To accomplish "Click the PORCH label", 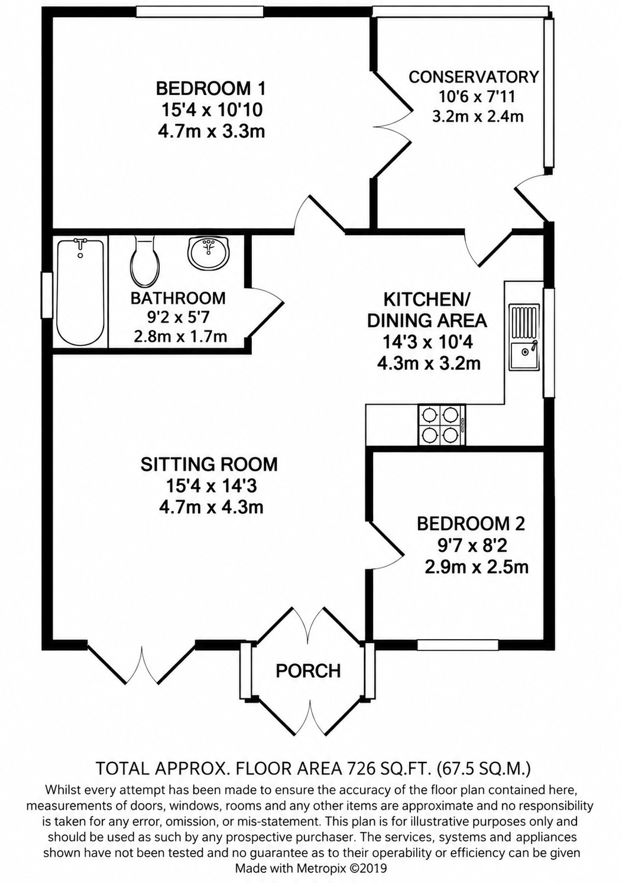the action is click(308, 670).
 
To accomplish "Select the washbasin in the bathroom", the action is click(208, 253).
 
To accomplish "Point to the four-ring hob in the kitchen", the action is click(442, 425).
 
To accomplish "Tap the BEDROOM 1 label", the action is click(210, 88).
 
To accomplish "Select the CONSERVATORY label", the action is click(474, 76).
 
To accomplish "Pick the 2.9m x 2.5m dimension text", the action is click(477, 567).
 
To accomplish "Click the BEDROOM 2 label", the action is click(471, 524).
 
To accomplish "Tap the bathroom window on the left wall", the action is click(47, 295).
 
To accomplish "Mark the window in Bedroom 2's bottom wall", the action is click(458, 644).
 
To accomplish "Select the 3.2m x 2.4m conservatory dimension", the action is click(478, 116).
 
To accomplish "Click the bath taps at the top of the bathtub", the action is click(80, 245).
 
